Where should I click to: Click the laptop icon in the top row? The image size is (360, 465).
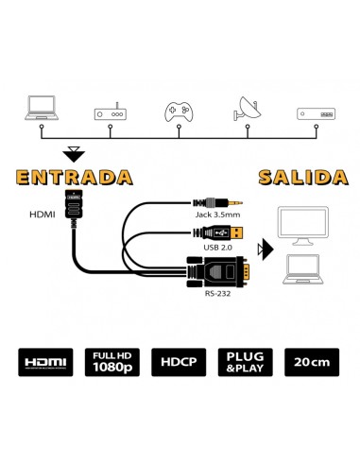point(43,108)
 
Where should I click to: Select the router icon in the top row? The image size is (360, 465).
point(111,112)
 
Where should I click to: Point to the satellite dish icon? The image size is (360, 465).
point(248,109)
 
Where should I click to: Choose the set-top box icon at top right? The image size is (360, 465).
point(315,112)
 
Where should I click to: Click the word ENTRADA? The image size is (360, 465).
point(72,177)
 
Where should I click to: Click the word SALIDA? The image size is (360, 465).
point(299,177)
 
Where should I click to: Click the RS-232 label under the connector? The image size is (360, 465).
point(218,294)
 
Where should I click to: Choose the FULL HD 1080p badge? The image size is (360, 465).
point(111,363)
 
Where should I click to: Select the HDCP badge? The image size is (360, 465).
point(180,363)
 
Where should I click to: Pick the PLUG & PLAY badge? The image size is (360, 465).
point(247,363)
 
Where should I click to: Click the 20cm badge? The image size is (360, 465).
point(313,363)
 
